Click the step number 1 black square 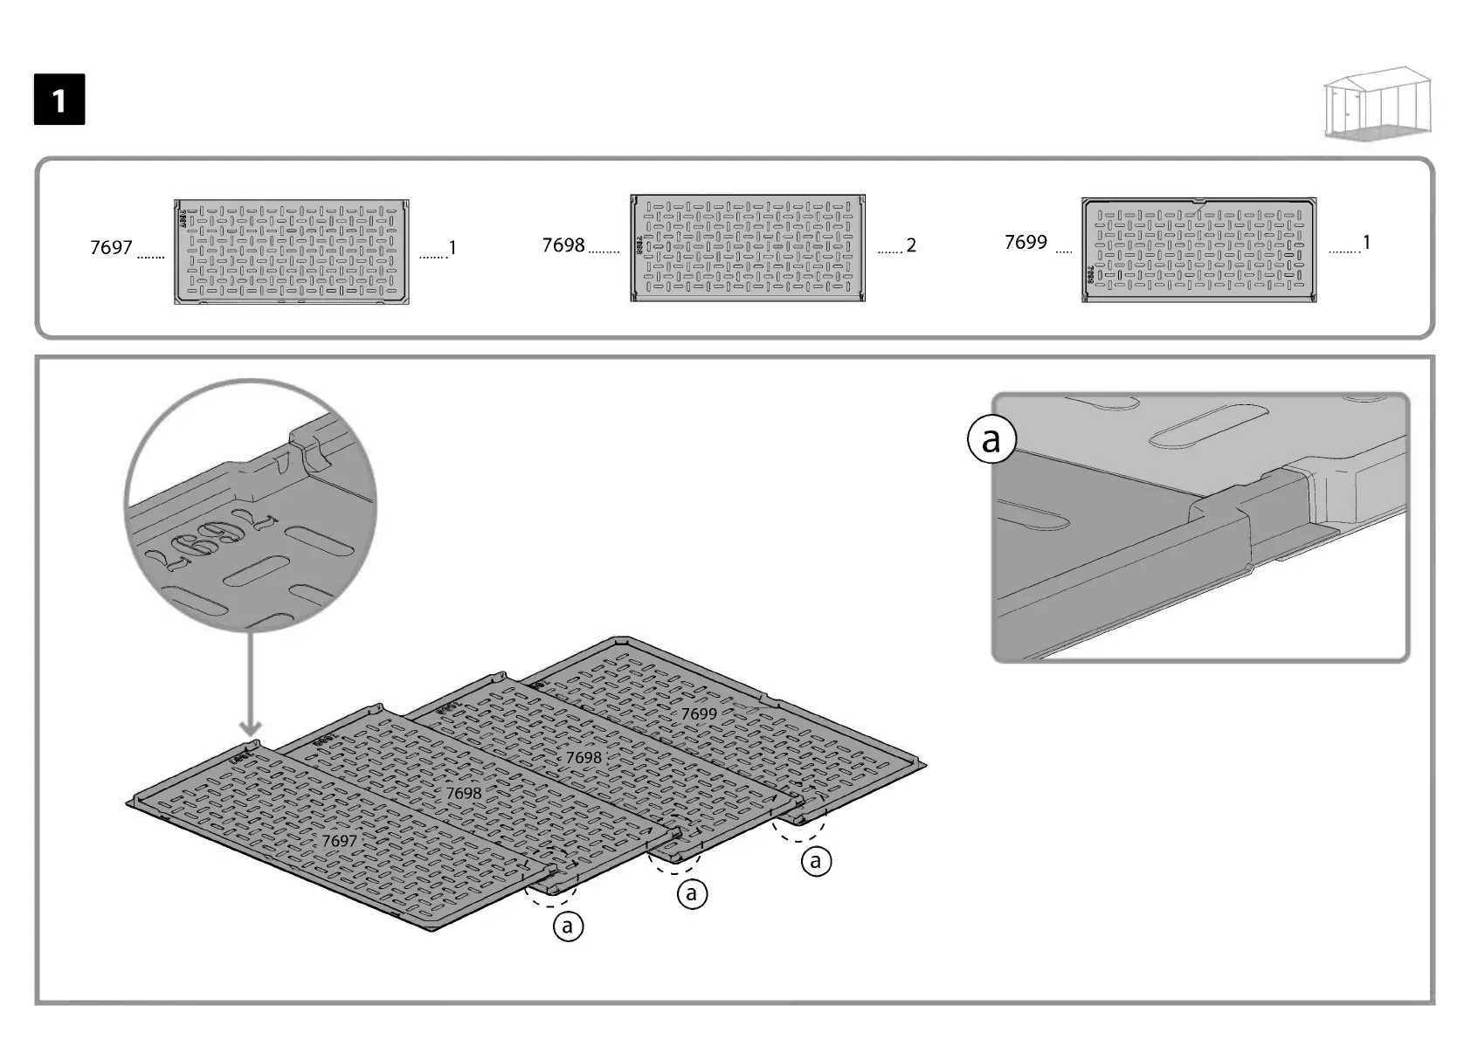pos(59,100)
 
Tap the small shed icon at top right pos(1378,104)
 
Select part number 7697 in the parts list pos(111,248)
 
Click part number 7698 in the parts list pos(563,245)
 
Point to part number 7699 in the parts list pos(1026,242)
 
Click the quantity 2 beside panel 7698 pos(911,245)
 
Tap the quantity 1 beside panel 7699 pos(1366,242)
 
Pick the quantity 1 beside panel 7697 pos(452,248)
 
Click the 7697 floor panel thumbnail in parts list pos(292,251)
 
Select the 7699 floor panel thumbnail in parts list pos(1198,250)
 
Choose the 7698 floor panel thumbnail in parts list pos(748,248)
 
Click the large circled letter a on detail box pos(991,440)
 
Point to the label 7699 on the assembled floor pos(699,713)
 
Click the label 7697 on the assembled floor pos(339,841)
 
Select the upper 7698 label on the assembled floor pos(584,758)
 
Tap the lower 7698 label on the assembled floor pos(464,793)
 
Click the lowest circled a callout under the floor pos(568,925)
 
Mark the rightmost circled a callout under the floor pos(816,862)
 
